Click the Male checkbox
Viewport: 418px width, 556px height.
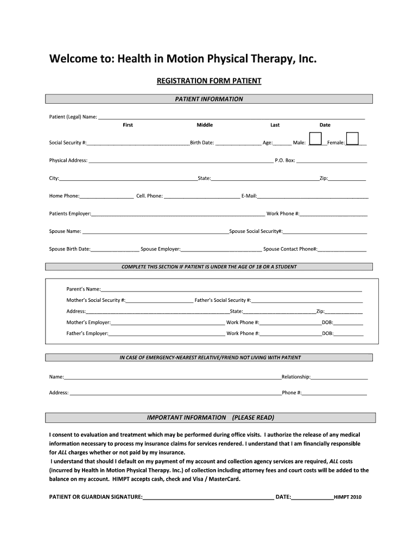pyautogui.click(x=315, y=139)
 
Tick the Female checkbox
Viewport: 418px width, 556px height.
pyautogui.click(x=352, y=139)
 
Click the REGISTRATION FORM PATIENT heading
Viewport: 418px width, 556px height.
pyautogui.click(x=209, y=81)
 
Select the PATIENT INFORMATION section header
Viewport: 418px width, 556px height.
pyautogui.click(x=209, y=99)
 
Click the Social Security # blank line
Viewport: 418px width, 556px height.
pyautogui.click(x=138, y=143)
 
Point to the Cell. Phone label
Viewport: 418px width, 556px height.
pyautogui.click(x=149, y=196)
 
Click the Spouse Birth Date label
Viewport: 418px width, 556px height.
pyautogui.click(x=69, y=249)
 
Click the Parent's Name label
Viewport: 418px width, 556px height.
pyautogui.click(x=83, y=289)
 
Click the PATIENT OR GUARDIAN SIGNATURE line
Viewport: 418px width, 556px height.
pyautogui.click(x=208, y=497)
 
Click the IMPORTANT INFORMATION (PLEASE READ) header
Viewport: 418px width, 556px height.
pyautogui.click(x=211, y=418)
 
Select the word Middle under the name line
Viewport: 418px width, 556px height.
pyautogui.click(x=205, y=125)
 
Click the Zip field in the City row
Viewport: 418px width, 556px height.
pyautogui.click(x=347, y=179)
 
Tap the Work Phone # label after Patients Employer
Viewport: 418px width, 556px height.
pyautogui.click(x=283, y=214)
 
